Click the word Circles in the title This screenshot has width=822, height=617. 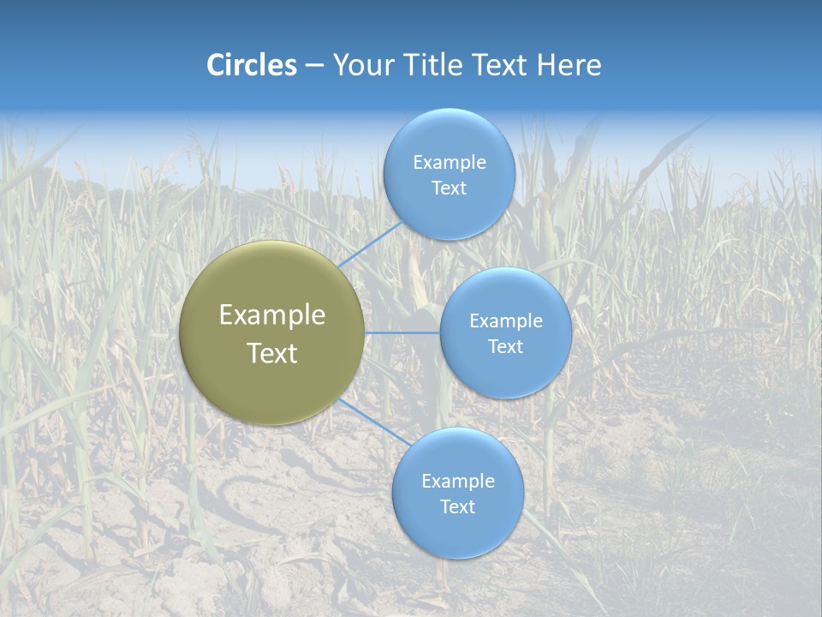coord(252,65)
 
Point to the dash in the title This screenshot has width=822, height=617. coord(314,66)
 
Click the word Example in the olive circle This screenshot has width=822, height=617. coord(272,315)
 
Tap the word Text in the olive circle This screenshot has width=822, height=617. coord(272,353)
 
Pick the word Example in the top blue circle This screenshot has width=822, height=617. coord(449,163)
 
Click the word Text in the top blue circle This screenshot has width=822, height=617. coord(449,189)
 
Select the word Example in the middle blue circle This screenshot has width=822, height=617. coord(505,321)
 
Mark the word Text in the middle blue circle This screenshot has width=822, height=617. coord(505,347)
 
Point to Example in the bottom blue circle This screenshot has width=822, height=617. coord(457,482)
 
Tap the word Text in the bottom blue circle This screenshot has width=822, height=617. coord(457,507)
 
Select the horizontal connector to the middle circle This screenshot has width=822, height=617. coord(402,332)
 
